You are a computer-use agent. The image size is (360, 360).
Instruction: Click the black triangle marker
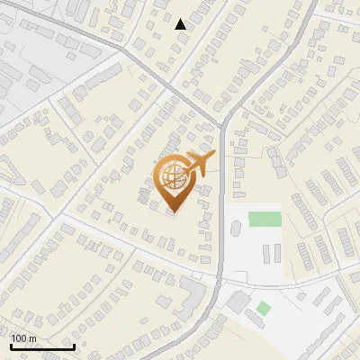(181, 24)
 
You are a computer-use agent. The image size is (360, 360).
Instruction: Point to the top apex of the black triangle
(181, 19)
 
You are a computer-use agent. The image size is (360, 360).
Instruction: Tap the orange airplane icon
(199, 165)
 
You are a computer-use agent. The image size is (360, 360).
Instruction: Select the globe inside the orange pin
(173, 178)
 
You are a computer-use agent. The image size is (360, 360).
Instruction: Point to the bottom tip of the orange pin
(173, 213)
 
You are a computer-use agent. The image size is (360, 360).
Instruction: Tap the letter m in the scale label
(33, 339)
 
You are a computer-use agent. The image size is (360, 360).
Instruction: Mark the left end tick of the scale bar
(12, 346)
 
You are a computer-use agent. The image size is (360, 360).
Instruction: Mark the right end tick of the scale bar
(73, 346)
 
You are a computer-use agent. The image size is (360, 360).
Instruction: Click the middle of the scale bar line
(42, 347)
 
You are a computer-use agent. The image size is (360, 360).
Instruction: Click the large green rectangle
(265, 219)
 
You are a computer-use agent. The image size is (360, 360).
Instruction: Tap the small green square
(263, 309)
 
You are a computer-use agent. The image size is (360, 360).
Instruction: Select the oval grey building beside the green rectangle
(236, 229)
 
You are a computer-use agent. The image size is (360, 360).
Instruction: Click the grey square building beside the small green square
(240, 301)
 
